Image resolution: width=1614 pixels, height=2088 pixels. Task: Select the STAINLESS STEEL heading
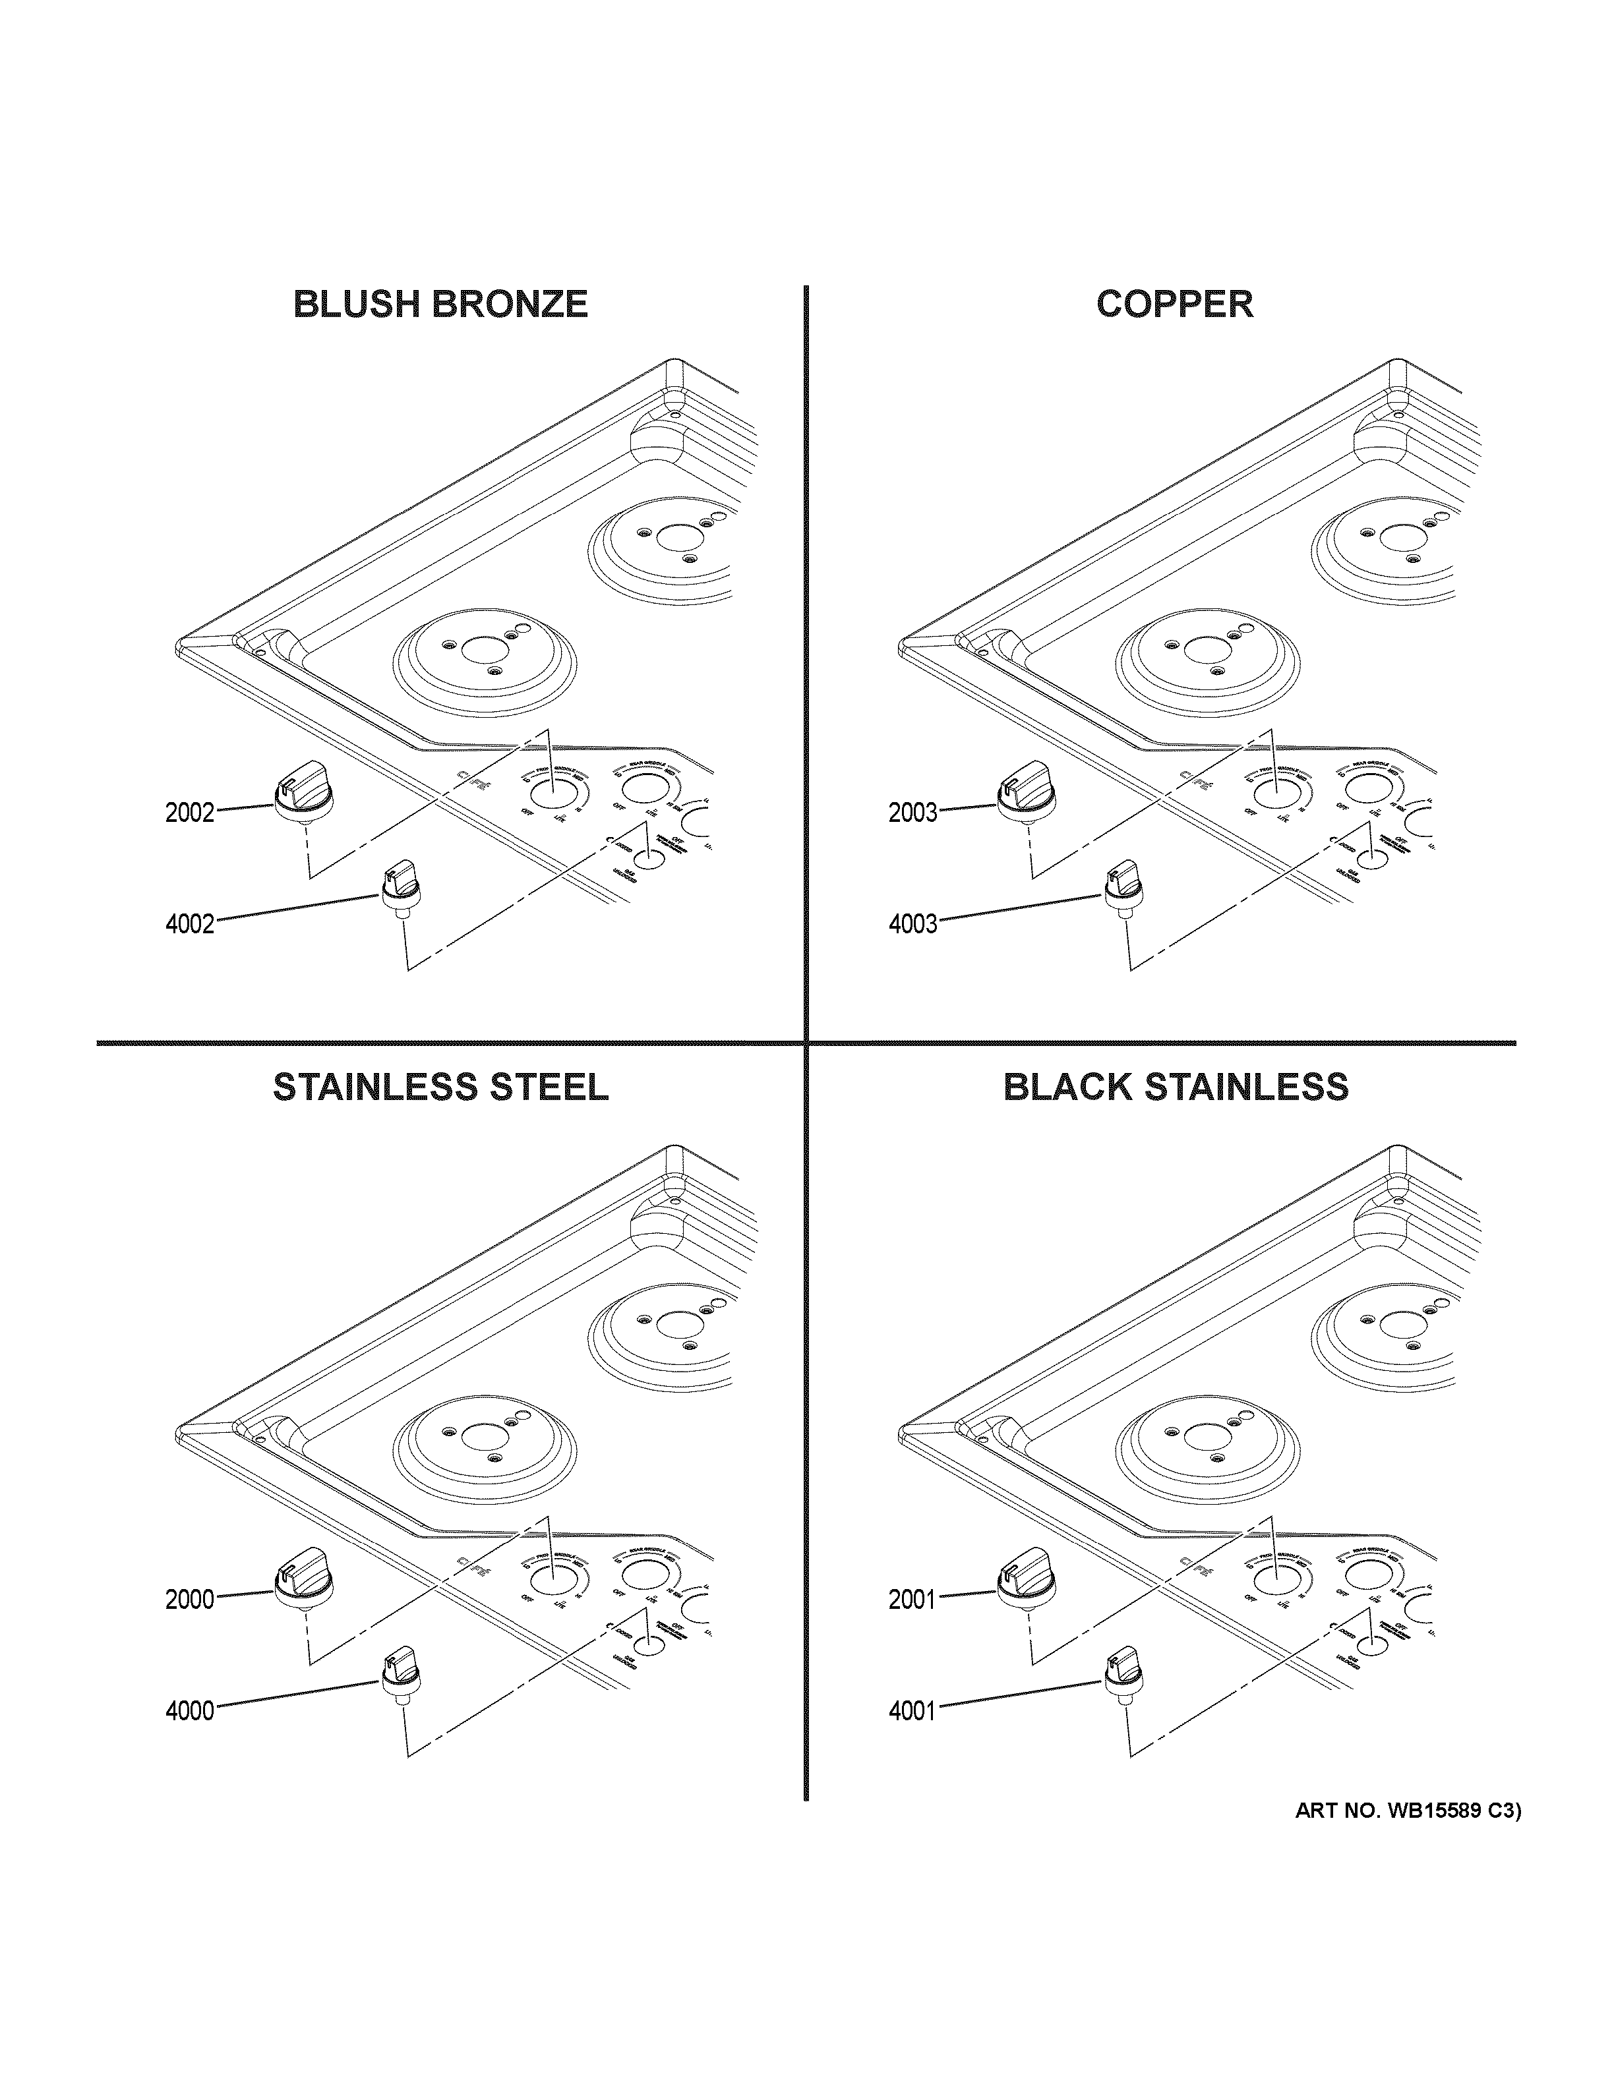[x=441, y=1087]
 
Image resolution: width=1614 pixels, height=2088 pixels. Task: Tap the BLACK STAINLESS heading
[x=1175, y=1087]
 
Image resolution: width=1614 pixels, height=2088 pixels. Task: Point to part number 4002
[x=189, y=925]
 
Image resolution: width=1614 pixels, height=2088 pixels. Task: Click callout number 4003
[x=913, y=925]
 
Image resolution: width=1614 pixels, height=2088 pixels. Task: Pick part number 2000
[x=189, y=1600]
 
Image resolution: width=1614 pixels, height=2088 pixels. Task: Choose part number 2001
[x=913, y=1600]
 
